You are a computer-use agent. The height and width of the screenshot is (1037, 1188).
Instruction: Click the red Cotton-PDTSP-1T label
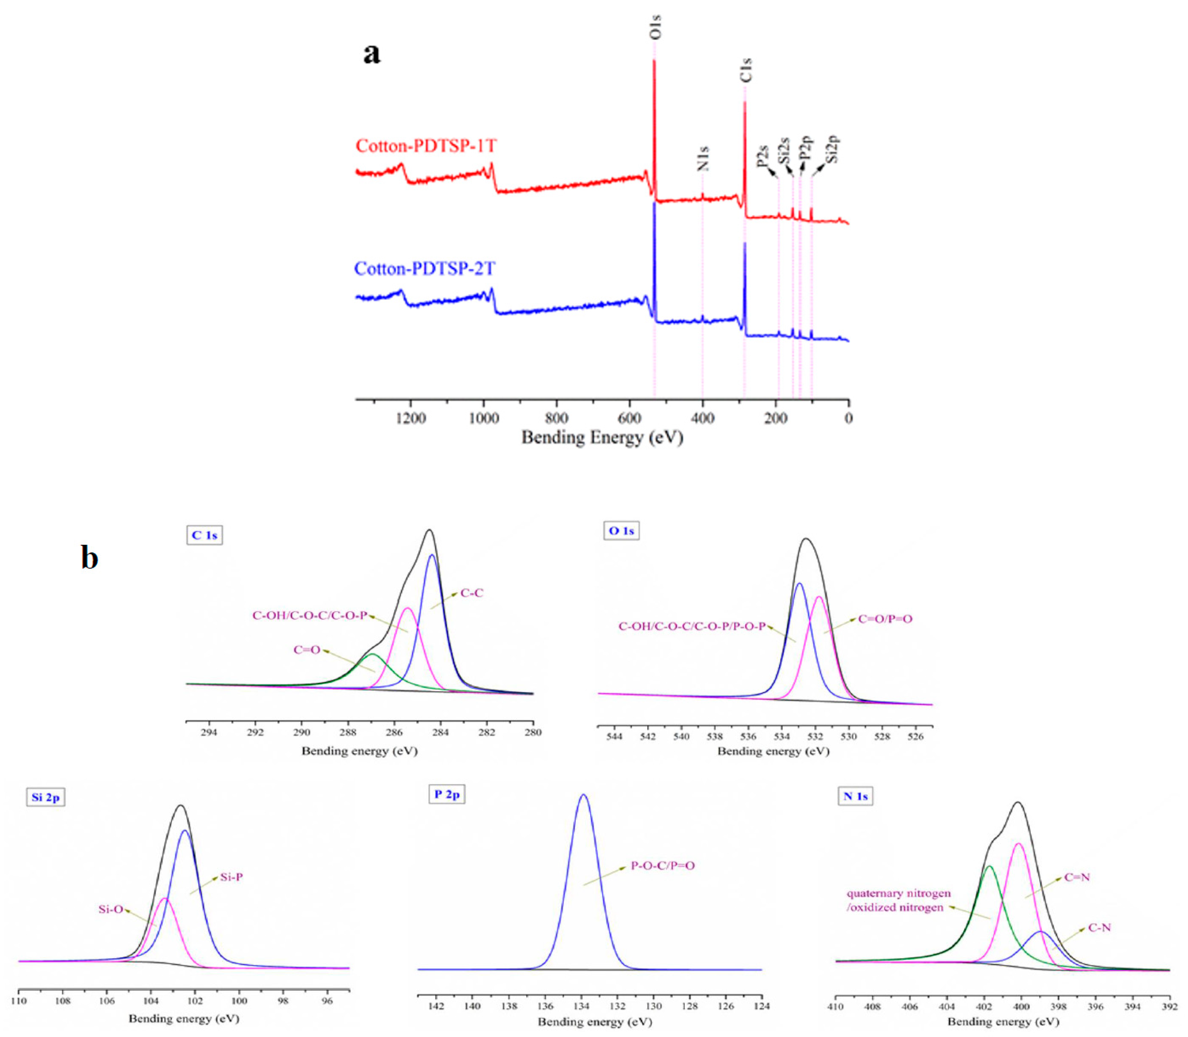426,146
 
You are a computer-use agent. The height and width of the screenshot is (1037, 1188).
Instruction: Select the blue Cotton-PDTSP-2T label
424,269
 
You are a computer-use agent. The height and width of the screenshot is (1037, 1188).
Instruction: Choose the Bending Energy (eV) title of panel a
602,438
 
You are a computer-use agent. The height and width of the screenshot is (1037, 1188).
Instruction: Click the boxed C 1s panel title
204,535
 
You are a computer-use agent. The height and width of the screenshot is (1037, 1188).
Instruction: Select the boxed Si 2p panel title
45,797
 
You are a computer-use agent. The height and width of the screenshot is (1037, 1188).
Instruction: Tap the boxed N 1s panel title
855,796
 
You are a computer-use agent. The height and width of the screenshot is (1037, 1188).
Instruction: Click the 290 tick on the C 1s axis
302,732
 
